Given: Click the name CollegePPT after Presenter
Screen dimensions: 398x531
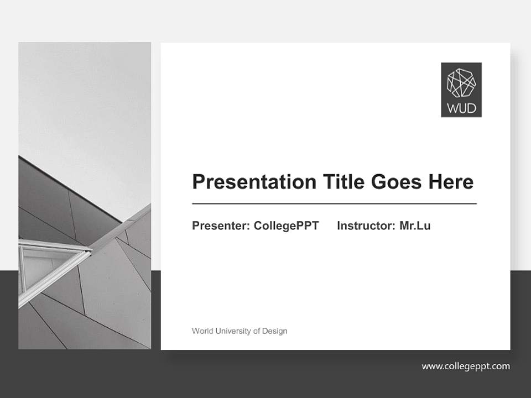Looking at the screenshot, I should click(286, 226).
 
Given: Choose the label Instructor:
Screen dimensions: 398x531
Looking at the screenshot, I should click(366, 226).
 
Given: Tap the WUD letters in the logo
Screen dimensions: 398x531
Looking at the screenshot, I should click(461, 108).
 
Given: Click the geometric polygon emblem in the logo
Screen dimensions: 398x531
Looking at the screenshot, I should click(461, 83).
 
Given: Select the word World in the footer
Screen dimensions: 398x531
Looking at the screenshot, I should click(202, 331).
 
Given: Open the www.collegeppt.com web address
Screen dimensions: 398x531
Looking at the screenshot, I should click(466, 366).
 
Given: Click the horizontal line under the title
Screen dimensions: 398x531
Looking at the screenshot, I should click(334, 204).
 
